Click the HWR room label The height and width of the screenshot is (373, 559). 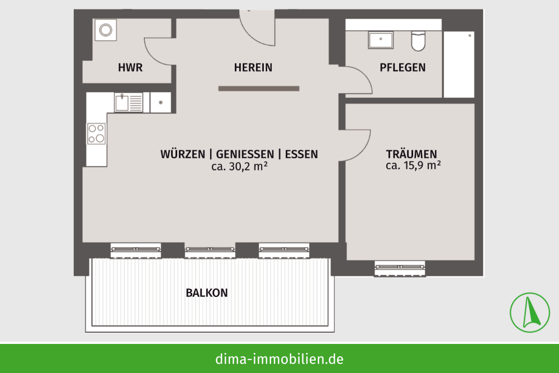[130, 68]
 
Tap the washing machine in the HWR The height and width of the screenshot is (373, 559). [106, 30]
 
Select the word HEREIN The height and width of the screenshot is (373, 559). [253, 68]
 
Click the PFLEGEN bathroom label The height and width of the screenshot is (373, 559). [402, 68]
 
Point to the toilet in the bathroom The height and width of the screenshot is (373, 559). [419, 41]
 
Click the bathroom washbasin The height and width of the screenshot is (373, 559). [381, 40]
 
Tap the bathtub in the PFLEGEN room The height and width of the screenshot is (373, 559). [459, 64]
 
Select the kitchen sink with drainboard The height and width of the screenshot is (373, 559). [129, 102]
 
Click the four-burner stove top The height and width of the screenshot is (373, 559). [96, 133]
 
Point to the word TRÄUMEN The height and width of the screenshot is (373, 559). [411, 154]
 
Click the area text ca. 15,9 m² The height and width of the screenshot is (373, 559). [413, 166]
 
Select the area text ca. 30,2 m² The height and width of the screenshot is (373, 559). [240, 166]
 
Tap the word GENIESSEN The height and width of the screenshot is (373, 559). [245, 154]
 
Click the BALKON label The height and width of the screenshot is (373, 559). [207, 293]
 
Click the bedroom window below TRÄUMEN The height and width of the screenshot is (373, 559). [400, 268]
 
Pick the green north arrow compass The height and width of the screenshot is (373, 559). [530, 313]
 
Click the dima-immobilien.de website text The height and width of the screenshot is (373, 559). [279, 358]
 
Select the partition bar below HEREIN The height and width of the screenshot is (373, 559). [259, 89]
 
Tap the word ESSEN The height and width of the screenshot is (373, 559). [301, 154]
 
